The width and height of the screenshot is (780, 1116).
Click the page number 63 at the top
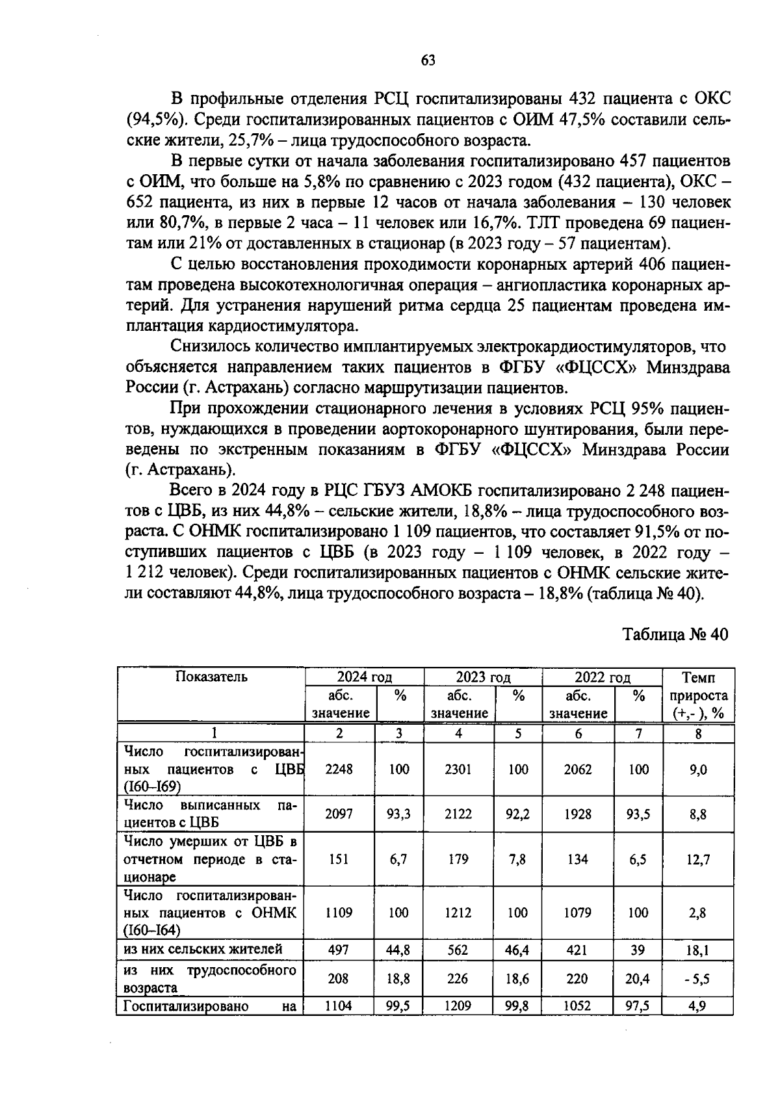pyautogui.click(x=428, y=60)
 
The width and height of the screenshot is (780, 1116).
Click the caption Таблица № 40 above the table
pyautogui.click(x=676, y=634)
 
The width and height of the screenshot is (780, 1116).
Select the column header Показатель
pyautogui.click(x=211, y=677)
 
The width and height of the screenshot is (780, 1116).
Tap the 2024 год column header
pyautogui.click(x=364, y=677)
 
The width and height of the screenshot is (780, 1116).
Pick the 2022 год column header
pyautogui.click(x=602, y=677)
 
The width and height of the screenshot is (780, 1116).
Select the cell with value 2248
pyautogui.click(x=339, y=769)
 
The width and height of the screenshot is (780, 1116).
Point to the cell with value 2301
pyautogui.click(x=458, y=769)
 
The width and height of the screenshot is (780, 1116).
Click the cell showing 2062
pyautogui.click(x=578, y=769)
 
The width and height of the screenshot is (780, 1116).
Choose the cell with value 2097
pyautogui.click(x=339, y=813)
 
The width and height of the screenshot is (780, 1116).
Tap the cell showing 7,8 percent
pyautogui.click(x=517, y=859)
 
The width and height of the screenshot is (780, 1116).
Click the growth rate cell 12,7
pyautogui.click(x=698, y=859)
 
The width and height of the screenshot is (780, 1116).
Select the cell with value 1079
pyautogui.click(x=578, y=913)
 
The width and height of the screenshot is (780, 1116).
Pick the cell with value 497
pyautogui.click(x=339, y=950)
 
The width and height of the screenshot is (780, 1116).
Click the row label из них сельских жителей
pyautogui.click(x=203, y=949)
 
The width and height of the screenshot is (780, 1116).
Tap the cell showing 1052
pyautogui.click(x=577, y=1006)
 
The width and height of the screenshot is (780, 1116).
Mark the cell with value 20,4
pyautogui.click(x=638, y=978)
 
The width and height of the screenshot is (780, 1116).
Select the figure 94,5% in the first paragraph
pyautogui.click(x=149, y=120)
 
